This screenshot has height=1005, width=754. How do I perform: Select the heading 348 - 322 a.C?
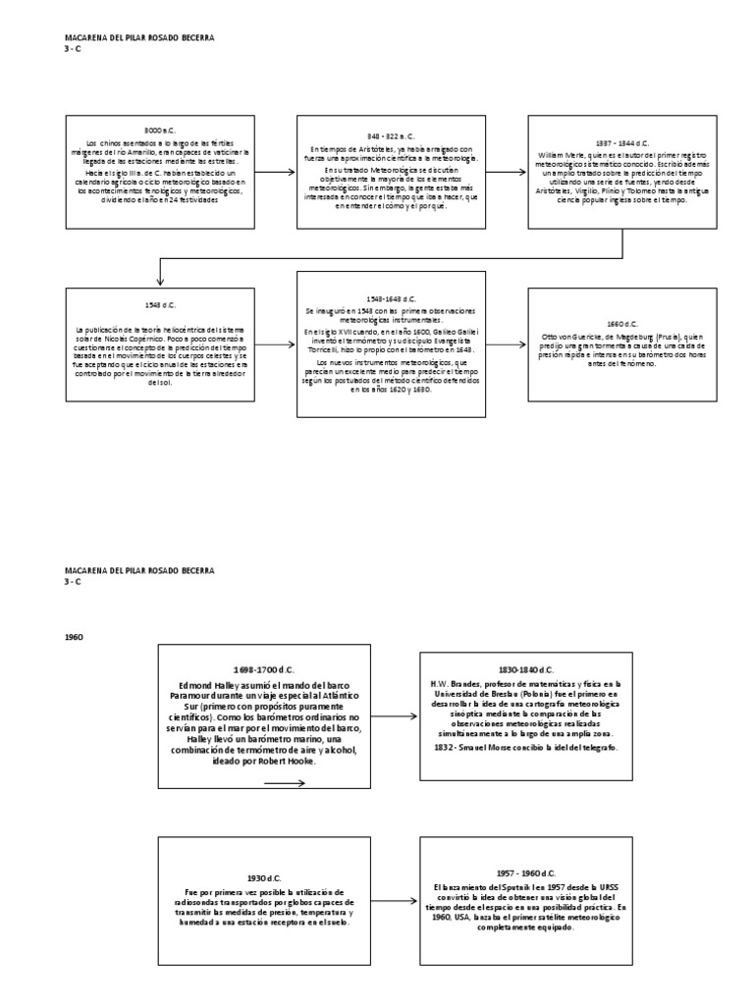(390, 135)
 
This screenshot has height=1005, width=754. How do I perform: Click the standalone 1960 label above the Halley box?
(74, 637)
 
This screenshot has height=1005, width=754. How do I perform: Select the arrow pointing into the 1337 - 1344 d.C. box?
(507, 172)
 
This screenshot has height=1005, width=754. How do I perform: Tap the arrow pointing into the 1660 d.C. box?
(507, 344)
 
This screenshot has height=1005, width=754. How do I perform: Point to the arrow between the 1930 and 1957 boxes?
(394, 901)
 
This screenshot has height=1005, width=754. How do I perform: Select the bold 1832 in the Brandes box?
(440, 749)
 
